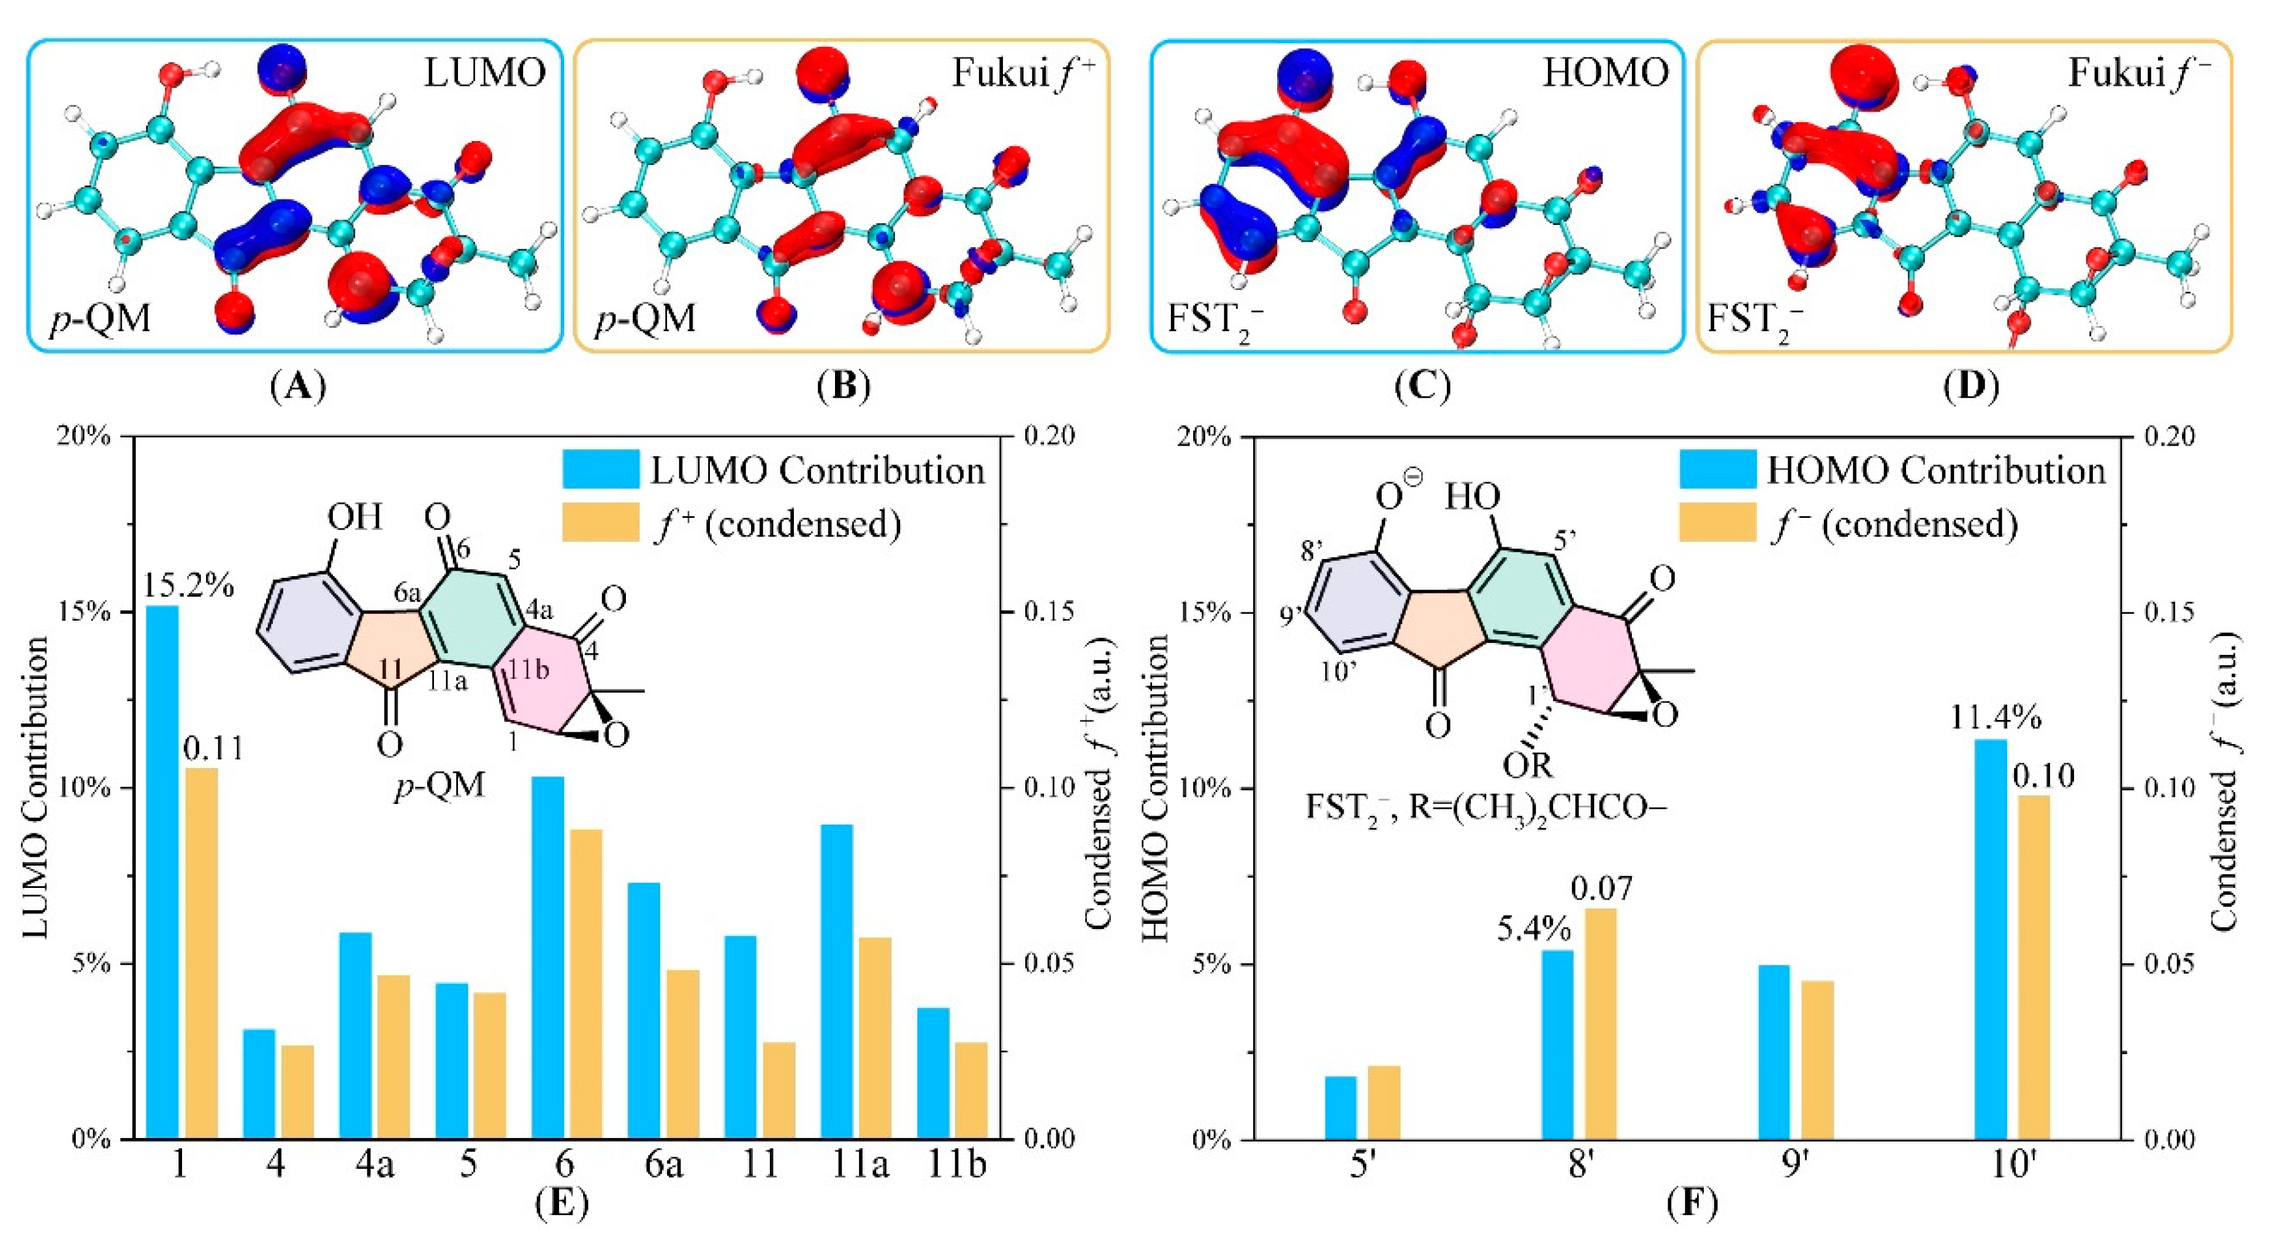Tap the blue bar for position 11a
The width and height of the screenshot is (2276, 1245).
[x=837, y=981]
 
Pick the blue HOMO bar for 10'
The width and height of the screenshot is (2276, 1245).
[x=1991, y=939]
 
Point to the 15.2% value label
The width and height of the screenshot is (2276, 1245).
[x=188, y=585]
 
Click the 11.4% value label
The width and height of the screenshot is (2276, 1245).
[x=1996, y=718]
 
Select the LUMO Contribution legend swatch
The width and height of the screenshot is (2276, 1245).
[x=601, y=470]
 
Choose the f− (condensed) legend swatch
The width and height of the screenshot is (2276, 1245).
[x=1717, y=524]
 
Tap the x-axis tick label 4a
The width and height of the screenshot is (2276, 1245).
[x=372, y=1165]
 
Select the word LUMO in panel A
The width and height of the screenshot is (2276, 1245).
[x=485, y=74]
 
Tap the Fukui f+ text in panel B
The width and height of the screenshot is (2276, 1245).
[x=1022, y=74]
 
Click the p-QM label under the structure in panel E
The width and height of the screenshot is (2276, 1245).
[x=439, y=784]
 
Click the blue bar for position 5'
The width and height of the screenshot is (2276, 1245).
[x=1341, y=1107]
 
